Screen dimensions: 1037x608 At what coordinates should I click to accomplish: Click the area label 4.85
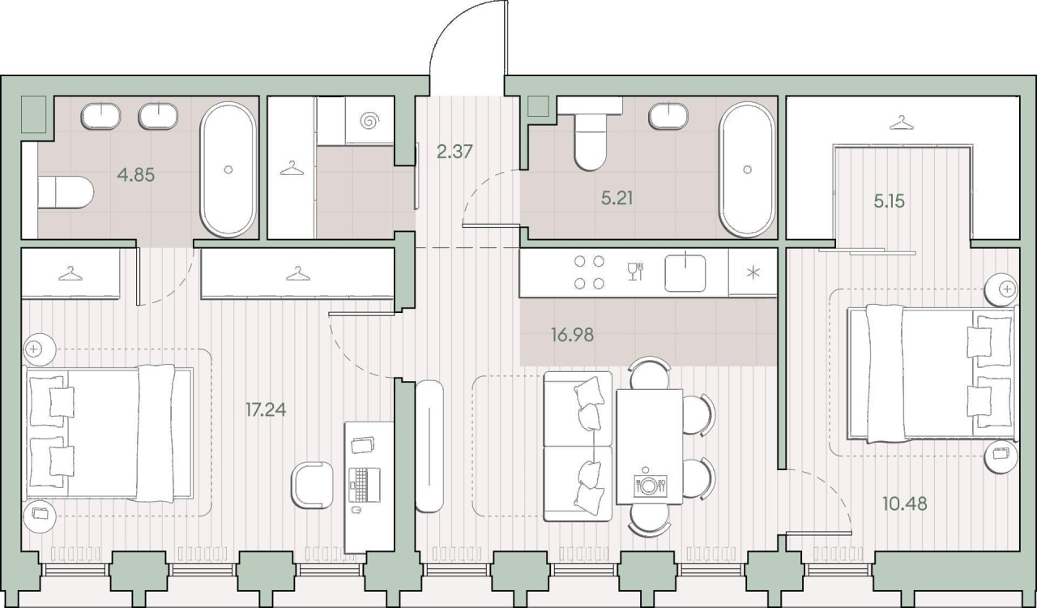pos(135,175)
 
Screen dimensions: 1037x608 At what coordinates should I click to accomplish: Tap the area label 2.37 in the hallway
pos(454,152)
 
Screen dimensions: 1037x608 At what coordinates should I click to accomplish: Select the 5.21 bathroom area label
pos(617,199)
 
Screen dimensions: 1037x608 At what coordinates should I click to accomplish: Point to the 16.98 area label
pos(572,335)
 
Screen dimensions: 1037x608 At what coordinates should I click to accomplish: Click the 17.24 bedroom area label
pos(266,409)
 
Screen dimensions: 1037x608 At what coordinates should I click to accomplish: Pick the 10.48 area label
pos(905,503)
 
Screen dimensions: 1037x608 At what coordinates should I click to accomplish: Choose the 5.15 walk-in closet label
pos(890,202)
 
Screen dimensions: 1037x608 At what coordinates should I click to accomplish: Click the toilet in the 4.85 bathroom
pos(66,192)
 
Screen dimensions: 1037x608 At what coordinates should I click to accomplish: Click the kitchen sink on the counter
pos(685,273)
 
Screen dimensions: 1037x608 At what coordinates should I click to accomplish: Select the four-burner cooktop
pos(589,272)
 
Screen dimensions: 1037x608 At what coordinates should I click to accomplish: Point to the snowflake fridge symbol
pos(753,272)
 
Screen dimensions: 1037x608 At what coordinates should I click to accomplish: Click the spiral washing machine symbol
pos(369,122)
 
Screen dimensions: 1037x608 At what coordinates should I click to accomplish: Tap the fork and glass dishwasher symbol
pos(635,271)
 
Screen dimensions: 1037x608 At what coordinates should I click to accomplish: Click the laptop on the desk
pos(365,485)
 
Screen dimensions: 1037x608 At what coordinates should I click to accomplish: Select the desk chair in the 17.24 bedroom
pos(312,486)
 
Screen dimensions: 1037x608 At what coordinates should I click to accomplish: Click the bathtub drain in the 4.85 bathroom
pos(228,169)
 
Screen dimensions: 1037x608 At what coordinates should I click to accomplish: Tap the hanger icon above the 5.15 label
pos(902,122)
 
